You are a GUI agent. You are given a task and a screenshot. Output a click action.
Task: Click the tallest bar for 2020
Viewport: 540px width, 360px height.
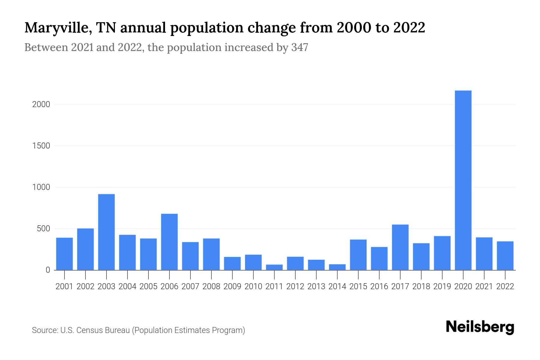[463, 180]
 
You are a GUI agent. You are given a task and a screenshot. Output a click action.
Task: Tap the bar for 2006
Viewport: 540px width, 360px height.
[169, 242]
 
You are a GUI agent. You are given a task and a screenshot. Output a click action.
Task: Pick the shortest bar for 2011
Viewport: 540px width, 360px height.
[274, 267]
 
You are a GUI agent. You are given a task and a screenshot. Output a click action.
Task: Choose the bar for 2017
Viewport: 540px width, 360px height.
[400, 247]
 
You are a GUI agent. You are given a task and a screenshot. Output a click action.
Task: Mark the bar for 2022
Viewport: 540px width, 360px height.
[505, 256]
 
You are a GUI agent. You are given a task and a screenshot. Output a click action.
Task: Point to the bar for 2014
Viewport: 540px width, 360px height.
[337, 267]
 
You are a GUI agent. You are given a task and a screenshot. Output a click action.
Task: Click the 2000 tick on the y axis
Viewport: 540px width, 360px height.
[41, 104]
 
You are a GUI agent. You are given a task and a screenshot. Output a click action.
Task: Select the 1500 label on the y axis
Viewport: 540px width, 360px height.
[41, 146]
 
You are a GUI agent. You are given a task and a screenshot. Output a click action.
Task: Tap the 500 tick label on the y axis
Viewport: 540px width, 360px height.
[43, 229]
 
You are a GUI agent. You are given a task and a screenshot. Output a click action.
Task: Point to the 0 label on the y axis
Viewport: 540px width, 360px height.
[48, 270]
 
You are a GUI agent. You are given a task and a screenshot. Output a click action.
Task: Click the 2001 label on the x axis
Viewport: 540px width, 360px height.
[64, 286]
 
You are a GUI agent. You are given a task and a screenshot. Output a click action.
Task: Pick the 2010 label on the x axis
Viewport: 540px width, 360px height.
[253, 286]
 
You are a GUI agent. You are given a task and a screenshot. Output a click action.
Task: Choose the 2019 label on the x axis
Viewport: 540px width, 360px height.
[442, 286]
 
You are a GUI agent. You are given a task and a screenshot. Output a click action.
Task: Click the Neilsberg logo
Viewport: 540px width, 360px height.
[480, 327]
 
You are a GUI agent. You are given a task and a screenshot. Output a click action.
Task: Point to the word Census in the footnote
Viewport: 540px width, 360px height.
[87, 330]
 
